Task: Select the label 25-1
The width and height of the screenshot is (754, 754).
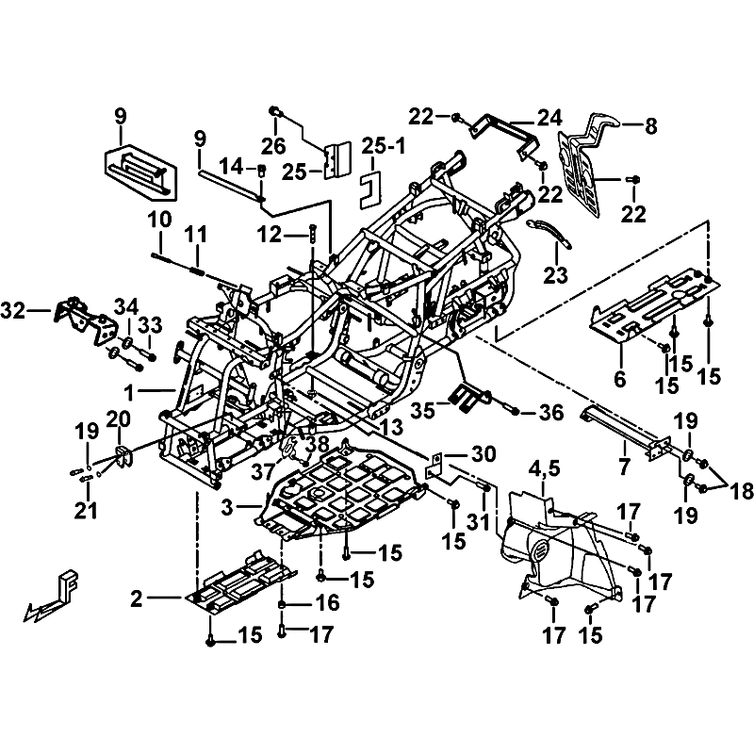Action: [378, 148]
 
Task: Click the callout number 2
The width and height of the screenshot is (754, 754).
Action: [138, 598]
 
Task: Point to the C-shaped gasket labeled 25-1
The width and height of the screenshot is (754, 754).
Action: [369, 188]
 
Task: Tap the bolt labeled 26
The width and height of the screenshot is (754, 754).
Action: [275, 112]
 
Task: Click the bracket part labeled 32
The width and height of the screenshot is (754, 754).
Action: [79, 317]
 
